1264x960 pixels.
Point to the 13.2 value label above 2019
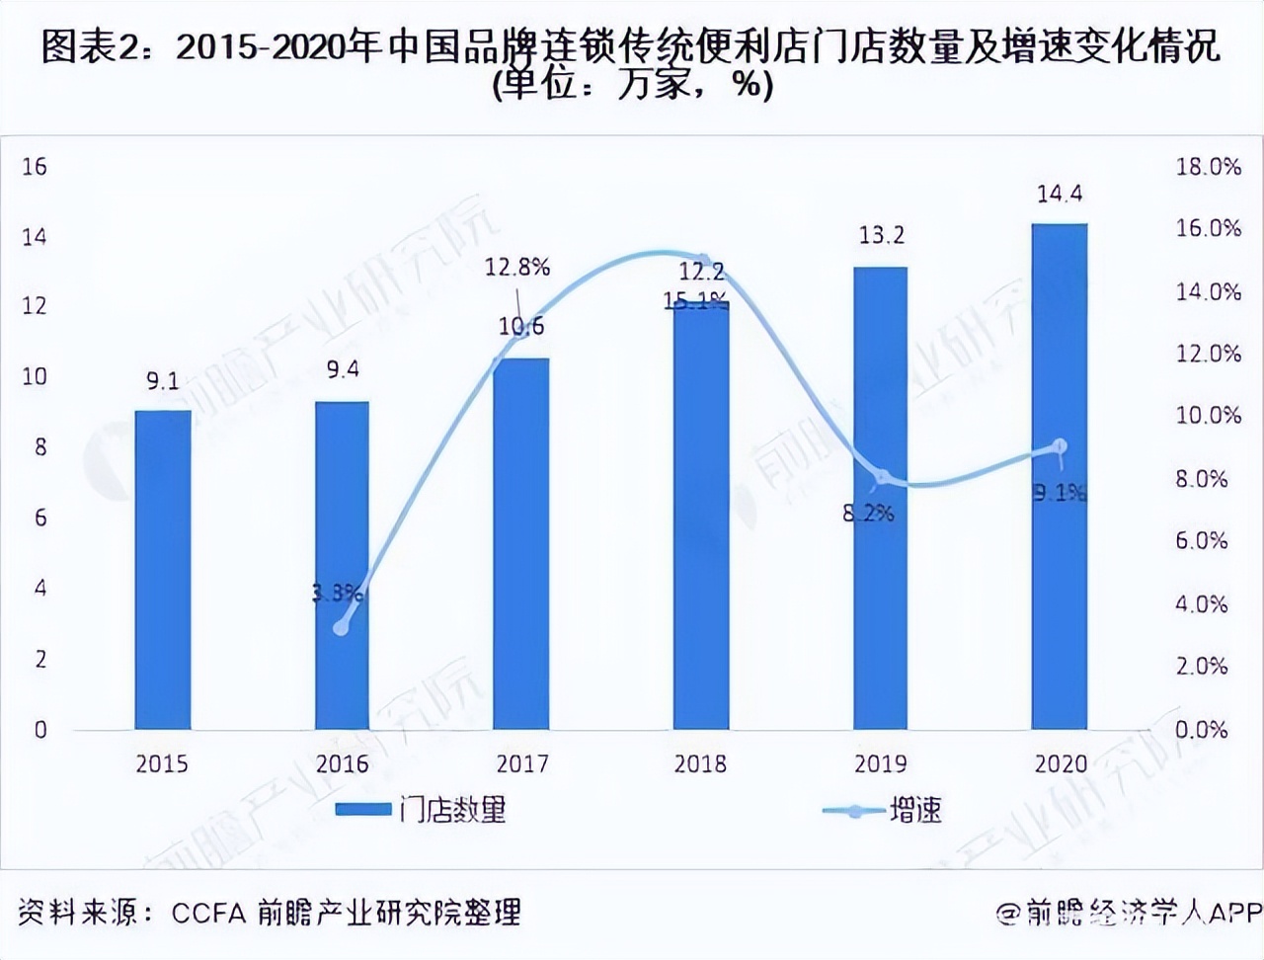pos(880,235)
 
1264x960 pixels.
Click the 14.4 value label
pos(1059,194)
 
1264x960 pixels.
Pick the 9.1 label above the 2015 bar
pos(163,380)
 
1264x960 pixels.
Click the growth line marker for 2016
pos(342,626)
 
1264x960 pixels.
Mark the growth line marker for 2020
pos(1060,446)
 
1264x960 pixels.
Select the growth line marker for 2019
pos(882,477)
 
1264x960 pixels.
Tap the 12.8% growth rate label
pos(516,267)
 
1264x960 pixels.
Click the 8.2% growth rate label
pos(868,513)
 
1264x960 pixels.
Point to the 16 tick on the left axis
pos(35,166)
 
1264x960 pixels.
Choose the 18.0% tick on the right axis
pos(1207,166)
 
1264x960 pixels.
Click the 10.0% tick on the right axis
pos(1207,415)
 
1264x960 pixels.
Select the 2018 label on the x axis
pos(700,763)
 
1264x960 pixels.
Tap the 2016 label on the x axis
pos(342,763)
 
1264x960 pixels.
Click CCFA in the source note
pos(207,913)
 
